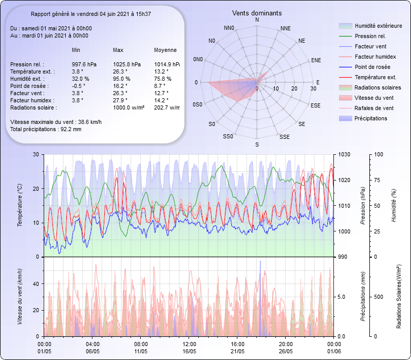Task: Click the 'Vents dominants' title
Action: pyautogui.click(x=257, y=13)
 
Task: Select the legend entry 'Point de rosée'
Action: pyautogui.click(x=372, y=67)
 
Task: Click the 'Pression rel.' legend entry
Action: pyautogui.click(x=370, y=36)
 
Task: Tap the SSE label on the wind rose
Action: pyautogui.click(x=284, y=137)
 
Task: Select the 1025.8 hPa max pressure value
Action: pyautogui.click(x=126, y=64)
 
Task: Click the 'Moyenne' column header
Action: pyautogui.click(x=165, y=50)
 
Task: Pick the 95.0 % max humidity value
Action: pyautogui.click(x=122, y=79)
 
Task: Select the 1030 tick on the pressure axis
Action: pyautogui.click(x=344, y=154)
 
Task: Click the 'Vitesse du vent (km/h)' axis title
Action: pyautogui.click(x=20, y=296)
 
